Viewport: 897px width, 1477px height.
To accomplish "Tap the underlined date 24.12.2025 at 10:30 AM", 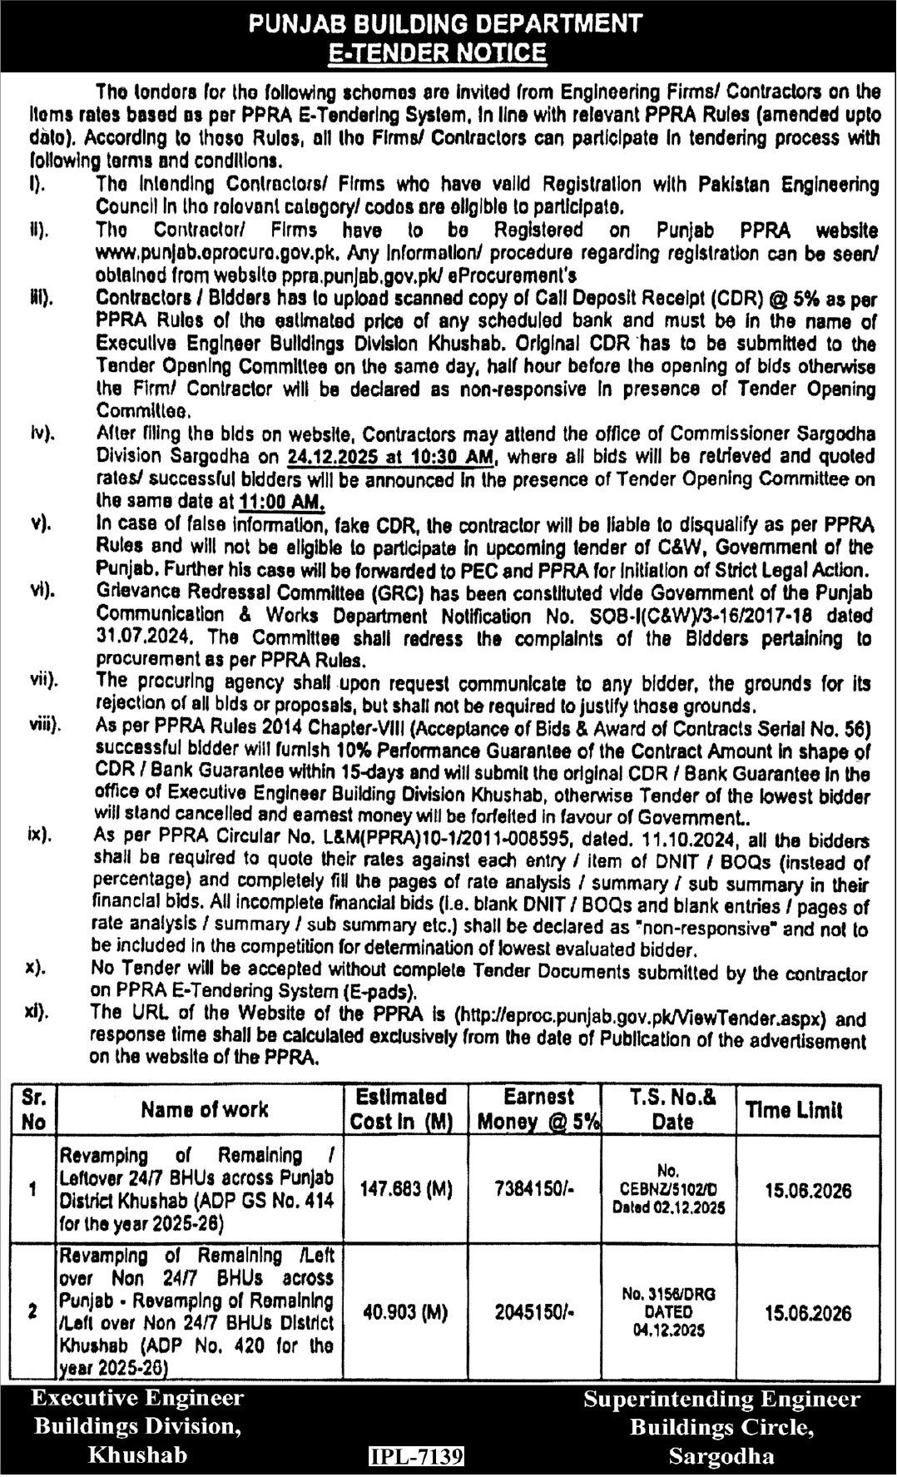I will point(390,456).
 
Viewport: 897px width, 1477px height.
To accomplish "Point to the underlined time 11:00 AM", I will point(281,501).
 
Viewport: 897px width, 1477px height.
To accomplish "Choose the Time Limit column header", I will point(794,1109).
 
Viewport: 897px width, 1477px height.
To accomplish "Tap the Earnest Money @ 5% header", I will point(538,1109).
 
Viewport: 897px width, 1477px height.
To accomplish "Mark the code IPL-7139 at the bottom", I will point(416,1456).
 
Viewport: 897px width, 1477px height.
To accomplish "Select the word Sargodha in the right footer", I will point(721,1456).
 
